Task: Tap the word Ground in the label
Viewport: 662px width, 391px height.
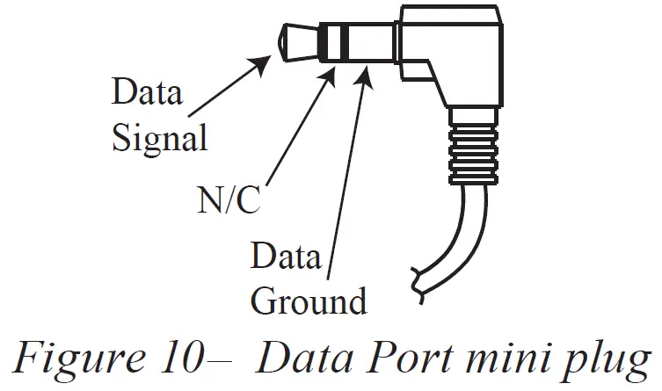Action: [x=308, y=300]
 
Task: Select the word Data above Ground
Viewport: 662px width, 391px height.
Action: [x=286, y=257]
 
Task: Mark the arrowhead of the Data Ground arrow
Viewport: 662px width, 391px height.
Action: [x=366, y=72]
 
